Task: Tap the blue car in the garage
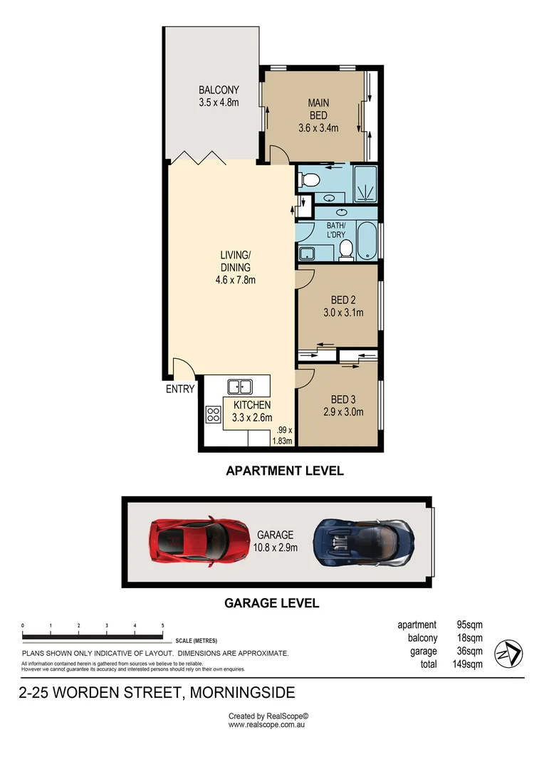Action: (x=363, y=543)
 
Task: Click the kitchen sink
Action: (x=240, y=387)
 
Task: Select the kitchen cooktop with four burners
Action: (x=213, y=414)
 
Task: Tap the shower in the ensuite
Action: (x=365, y=184)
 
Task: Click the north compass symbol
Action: (x=508, y=654)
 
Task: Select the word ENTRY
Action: (x=180, y=389)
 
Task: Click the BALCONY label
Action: (x=219, y=90)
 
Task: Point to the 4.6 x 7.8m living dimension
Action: (x=236, y=280)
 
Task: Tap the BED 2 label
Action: (x=343, y=300)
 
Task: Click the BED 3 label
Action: (x=343, y=399)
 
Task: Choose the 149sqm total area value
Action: (x=468, y=664)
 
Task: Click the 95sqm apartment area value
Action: (x=469, y=625)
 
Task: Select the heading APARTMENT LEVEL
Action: (x=285, y=471)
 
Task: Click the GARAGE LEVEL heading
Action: (x=272, y=603)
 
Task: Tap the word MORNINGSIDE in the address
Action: (x=242, y=693)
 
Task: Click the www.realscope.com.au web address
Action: (x=266, y=725)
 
